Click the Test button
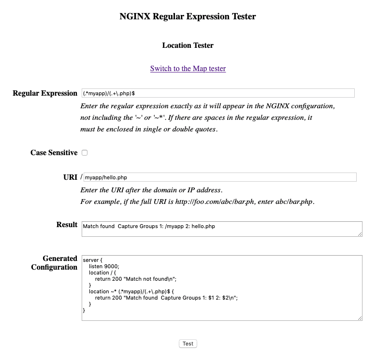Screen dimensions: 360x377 tap(188, 344)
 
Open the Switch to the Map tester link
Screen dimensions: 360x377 tap(188, 69)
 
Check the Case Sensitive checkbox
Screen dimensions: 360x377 tap(85, 153)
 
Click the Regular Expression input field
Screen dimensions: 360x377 tap(218, 93)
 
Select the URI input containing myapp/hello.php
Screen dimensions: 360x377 tap(220, 177)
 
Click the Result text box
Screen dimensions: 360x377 tap(221, 229)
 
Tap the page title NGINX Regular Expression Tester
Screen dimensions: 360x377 tap(188, 16)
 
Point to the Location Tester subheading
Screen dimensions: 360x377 tap(188, 45)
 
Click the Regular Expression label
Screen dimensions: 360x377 tap(45, 93)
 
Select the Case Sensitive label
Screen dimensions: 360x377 tap(54, 153)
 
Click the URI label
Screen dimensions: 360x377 tap(70, 177)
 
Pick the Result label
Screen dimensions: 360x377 tap(67, 225)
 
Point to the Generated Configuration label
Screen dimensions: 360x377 tap(54, 263)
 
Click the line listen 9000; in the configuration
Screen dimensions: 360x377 tap(104, 266)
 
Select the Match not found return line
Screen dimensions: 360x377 tap(136, 279)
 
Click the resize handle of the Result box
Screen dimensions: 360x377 tap(360, 234)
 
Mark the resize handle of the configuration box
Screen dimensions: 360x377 tap(360, 317)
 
